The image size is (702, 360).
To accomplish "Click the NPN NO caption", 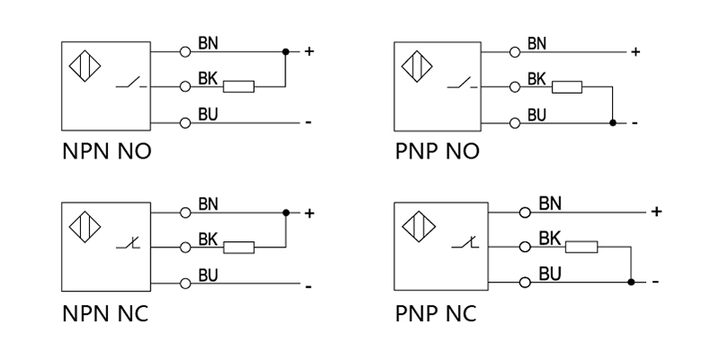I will click(105, 150).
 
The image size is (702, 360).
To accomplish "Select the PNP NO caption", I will click(436, 150).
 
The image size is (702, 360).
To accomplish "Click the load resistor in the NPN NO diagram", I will click(238, 87).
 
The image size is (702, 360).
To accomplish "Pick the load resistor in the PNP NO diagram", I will click(567, 87).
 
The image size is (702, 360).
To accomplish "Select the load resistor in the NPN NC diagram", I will click(238, 247).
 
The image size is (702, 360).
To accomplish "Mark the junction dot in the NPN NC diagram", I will click(286, 213).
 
